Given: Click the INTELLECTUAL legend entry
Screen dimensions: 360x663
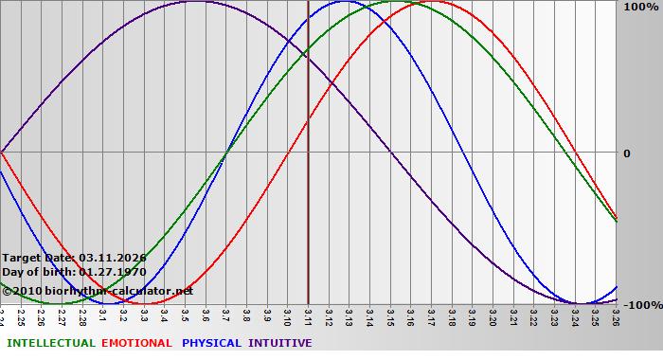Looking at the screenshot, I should [x=50, y=343].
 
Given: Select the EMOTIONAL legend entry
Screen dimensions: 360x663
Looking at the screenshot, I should [x=136, y=343].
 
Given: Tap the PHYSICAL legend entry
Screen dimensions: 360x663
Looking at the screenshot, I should [x=211, y=343].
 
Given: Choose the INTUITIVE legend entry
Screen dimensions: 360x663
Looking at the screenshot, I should [x=280, y=343].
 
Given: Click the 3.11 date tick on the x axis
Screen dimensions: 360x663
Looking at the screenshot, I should [x=307, y=315].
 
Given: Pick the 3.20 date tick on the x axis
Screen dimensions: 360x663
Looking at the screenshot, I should [x=492, y=315].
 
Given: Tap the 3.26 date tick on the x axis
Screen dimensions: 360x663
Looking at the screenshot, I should [x=615, y=315].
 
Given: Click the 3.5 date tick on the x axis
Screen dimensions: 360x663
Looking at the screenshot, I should [x=185, y=315].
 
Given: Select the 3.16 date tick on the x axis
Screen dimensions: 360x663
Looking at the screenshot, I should [x=409, y=315].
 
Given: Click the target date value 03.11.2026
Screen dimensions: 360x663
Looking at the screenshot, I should [x=113, y=258].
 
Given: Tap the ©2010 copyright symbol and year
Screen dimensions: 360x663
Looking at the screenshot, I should [x=20, y=291].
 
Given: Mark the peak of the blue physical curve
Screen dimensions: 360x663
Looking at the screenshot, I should [x=344, y=2].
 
